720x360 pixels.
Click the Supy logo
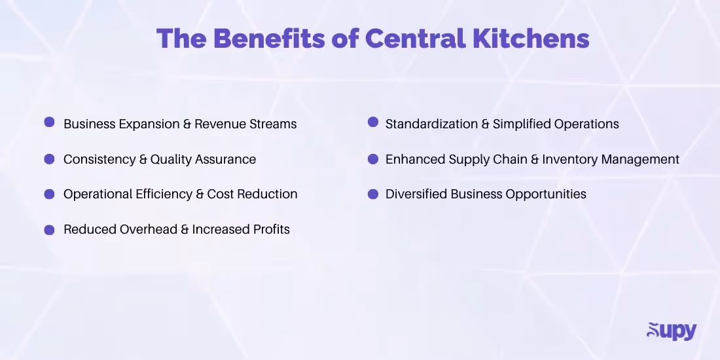672,331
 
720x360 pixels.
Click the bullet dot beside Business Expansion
49,122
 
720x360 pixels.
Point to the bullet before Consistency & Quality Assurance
49,158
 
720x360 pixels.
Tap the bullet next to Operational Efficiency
49,194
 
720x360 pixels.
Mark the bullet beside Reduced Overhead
49,229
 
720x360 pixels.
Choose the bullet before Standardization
373,122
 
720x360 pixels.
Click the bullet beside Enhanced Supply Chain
373,158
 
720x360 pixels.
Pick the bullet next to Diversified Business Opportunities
373,194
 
